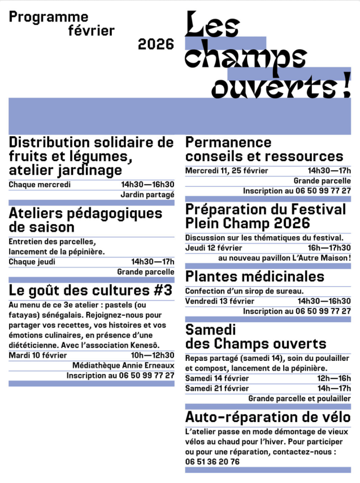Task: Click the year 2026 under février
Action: coord(156,44)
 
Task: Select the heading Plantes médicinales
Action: coord(255,276)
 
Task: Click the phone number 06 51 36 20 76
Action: coord(212,462)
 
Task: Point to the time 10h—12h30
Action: coord(152,355)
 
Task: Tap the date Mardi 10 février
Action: coord(38,355)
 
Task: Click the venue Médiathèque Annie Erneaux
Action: coord(123,366)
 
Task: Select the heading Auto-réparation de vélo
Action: coord(268,417)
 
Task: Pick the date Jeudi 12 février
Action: coord(213,248)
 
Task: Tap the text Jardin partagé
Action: coord(147,194)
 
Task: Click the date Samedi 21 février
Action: coord(217,388)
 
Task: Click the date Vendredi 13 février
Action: coord(219,301)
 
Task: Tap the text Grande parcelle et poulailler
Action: coord(300,399)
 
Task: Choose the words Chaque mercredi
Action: coord(40,184)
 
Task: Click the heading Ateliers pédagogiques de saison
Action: coord(85,220)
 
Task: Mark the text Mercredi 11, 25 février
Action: coord(226,170)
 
